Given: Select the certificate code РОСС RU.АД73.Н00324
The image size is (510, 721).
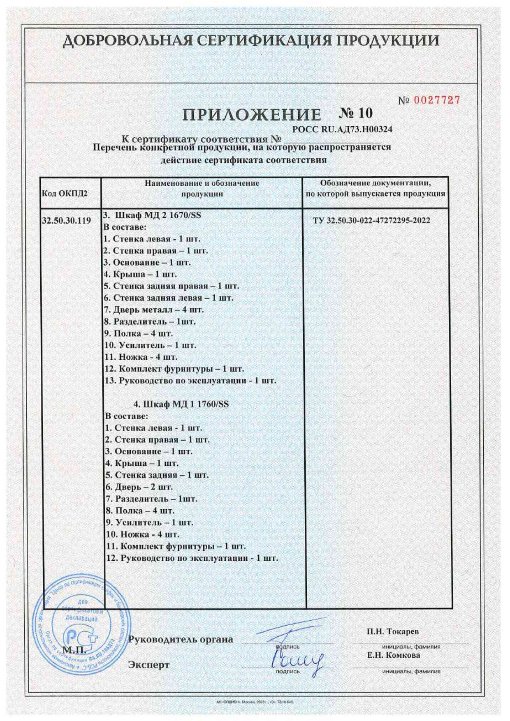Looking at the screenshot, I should click(342, 129).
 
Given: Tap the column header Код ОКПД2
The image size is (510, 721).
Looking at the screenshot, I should click(65, 194).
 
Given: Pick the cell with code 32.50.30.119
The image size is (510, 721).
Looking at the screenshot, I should click(66, 220).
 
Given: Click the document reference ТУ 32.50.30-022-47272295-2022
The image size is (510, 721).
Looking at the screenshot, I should click(371, 220).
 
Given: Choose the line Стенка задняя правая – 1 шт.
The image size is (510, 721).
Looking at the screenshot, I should click(172, 286).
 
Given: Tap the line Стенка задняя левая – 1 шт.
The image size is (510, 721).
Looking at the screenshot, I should click(169, 298).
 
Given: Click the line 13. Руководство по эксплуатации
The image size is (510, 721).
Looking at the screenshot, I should click(190, 381).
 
